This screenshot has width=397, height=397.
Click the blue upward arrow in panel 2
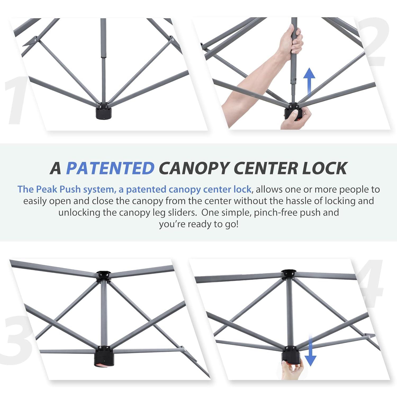coord(309,81)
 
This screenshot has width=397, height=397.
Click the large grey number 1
coord(16,101)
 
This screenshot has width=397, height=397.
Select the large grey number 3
coord(16,339)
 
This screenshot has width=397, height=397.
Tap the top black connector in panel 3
coord(103,275)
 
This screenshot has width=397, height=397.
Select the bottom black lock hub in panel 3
coord(103,356)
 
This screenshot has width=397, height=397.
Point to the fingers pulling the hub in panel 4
coord(291,371)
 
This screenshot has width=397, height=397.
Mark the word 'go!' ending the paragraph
coord(232,224)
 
